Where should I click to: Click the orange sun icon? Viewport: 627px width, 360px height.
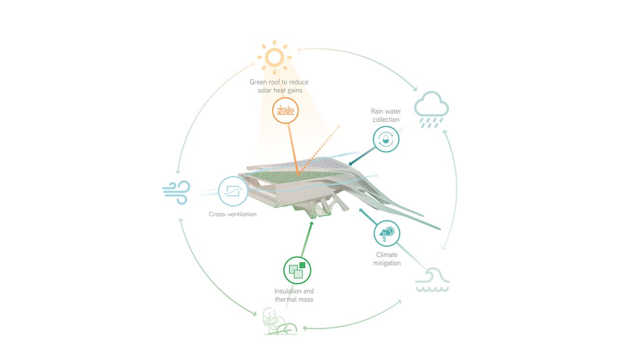(274, 57)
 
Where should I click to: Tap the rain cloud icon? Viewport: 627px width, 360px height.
(431, 109)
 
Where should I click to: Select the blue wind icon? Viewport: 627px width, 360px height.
(177, 192)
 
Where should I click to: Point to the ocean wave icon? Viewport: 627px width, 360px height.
(432, 280)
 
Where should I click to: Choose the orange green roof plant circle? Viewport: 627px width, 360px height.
(285, 111)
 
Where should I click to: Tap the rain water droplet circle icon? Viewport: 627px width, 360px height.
(386, 139)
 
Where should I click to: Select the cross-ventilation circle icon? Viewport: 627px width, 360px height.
(233, 191)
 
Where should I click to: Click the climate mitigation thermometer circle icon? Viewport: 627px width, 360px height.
(387, 234)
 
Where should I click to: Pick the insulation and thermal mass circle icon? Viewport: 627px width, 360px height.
(297, 270)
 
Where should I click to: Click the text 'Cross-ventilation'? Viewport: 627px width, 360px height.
(232, 214)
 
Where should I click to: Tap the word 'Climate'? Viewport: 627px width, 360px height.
(387, 255)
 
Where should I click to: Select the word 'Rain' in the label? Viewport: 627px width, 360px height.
(377, 111)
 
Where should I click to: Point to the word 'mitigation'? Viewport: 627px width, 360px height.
(387, 263)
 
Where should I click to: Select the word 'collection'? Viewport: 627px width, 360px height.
(386, 120)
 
